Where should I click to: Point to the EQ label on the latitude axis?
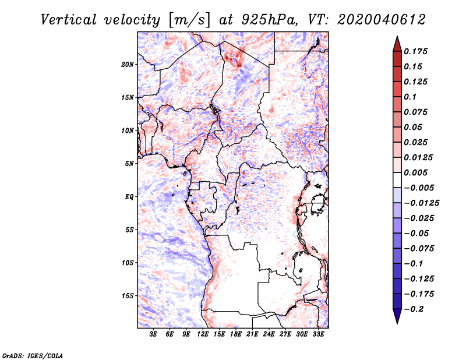pos(129,196)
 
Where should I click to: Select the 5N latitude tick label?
pos(130,164)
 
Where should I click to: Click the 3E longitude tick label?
pos(154,334)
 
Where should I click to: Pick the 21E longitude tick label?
pos(253,334)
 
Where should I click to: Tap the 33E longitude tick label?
pos(319,334)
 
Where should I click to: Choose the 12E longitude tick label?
pos(203,334)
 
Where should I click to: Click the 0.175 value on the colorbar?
pos(417,51)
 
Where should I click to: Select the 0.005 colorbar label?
pos(417,173)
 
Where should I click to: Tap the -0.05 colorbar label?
pos(418,233)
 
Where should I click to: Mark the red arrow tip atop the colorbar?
pos(397,40)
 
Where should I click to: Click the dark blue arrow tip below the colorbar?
pos(397,320)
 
